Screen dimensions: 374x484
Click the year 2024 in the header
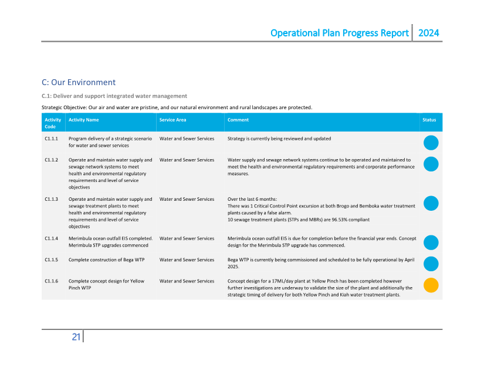428,33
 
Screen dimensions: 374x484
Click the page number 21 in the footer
76,336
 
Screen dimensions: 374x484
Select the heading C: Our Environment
79,82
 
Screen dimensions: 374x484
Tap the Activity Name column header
83,120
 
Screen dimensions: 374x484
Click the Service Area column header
172,120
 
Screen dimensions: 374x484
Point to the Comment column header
238,120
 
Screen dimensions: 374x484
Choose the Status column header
429,120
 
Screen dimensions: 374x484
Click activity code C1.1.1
51,139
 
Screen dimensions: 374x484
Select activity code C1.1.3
51,199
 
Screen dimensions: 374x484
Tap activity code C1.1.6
51,281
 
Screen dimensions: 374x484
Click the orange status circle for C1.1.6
431,285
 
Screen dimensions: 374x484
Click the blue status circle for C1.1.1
431,143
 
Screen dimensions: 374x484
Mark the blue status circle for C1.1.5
431,264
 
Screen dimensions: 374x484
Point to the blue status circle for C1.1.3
431,203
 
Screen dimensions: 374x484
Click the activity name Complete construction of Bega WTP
106,260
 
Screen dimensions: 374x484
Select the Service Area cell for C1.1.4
187,238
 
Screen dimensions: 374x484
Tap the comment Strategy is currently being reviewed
279,139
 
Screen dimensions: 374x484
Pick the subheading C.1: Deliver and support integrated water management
114,96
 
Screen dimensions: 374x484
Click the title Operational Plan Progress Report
339,33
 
